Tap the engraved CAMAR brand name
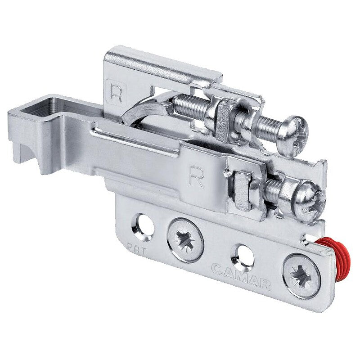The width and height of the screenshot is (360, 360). pyautogui.click(x=241, y=274)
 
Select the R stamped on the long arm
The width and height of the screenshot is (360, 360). pyautogui.click(x=197, y=176)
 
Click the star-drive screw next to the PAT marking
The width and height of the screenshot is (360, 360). pyautogui.click(x=185, y=240)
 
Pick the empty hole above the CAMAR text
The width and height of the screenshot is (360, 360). pyautogui.click(x=243, y=257)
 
